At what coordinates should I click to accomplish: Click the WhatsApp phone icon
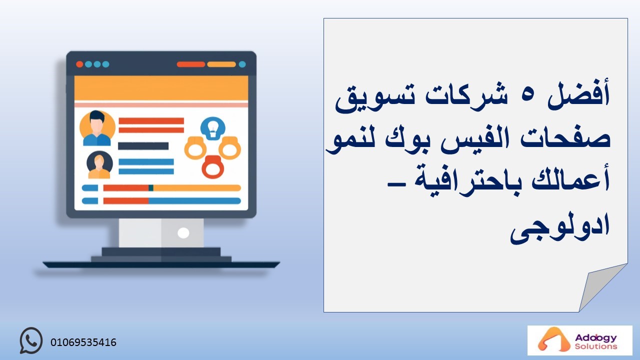coord(31,340)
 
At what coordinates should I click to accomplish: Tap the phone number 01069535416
coord(83,342)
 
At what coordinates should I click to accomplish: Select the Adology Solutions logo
coord(579,340)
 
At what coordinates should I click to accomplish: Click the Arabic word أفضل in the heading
coord(578,94)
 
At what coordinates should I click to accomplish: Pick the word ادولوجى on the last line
coord(560,226)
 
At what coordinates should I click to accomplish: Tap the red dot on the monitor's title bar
coord(79,64)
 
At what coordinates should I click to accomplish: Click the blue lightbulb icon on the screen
coord(213,128)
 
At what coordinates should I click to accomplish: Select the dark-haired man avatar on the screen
coord(97,128)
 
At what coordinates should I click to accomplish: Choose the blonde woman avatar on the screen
coord(99,165)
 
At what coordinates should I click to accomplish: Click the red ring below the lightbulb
coord(213,167)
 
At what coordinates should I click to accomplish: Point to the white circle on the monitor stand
coord(183,233)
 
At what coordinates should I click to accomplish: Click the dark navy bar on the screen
coord(143,146)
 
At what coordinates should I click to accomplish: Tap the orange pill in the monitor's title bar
coord(221,64)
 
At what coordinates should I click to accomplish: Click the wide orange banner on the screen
coord(161,88)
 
